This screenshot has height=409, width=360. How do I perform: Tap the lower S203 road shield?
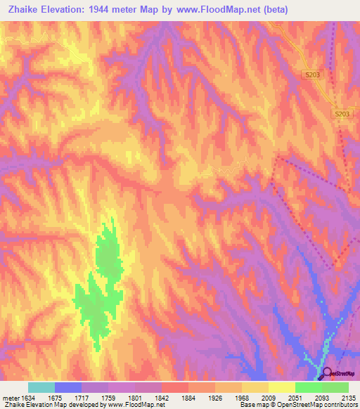[342, 113]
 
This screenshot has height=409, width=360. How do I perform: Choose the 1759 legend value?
[109, 397]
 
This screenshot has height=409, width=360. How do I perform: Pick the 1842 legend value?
[162, 397]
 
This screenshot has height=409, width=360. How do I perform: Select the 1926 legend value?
[215, 397]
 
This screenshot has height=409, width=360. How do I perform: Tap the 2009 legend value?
[269, 397]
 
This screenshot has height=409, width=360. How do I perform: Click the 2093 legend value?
[322, 397]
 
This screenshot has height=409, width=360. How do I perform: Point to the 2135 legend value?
[348, 397]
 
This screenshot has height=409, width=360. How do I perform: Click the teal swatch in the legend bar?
[41, 387]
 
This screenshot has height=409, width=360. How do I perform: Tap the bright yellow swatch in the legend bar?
[281, 387]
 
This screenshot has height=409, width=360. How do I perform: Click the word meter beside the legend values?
[11, 397]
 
